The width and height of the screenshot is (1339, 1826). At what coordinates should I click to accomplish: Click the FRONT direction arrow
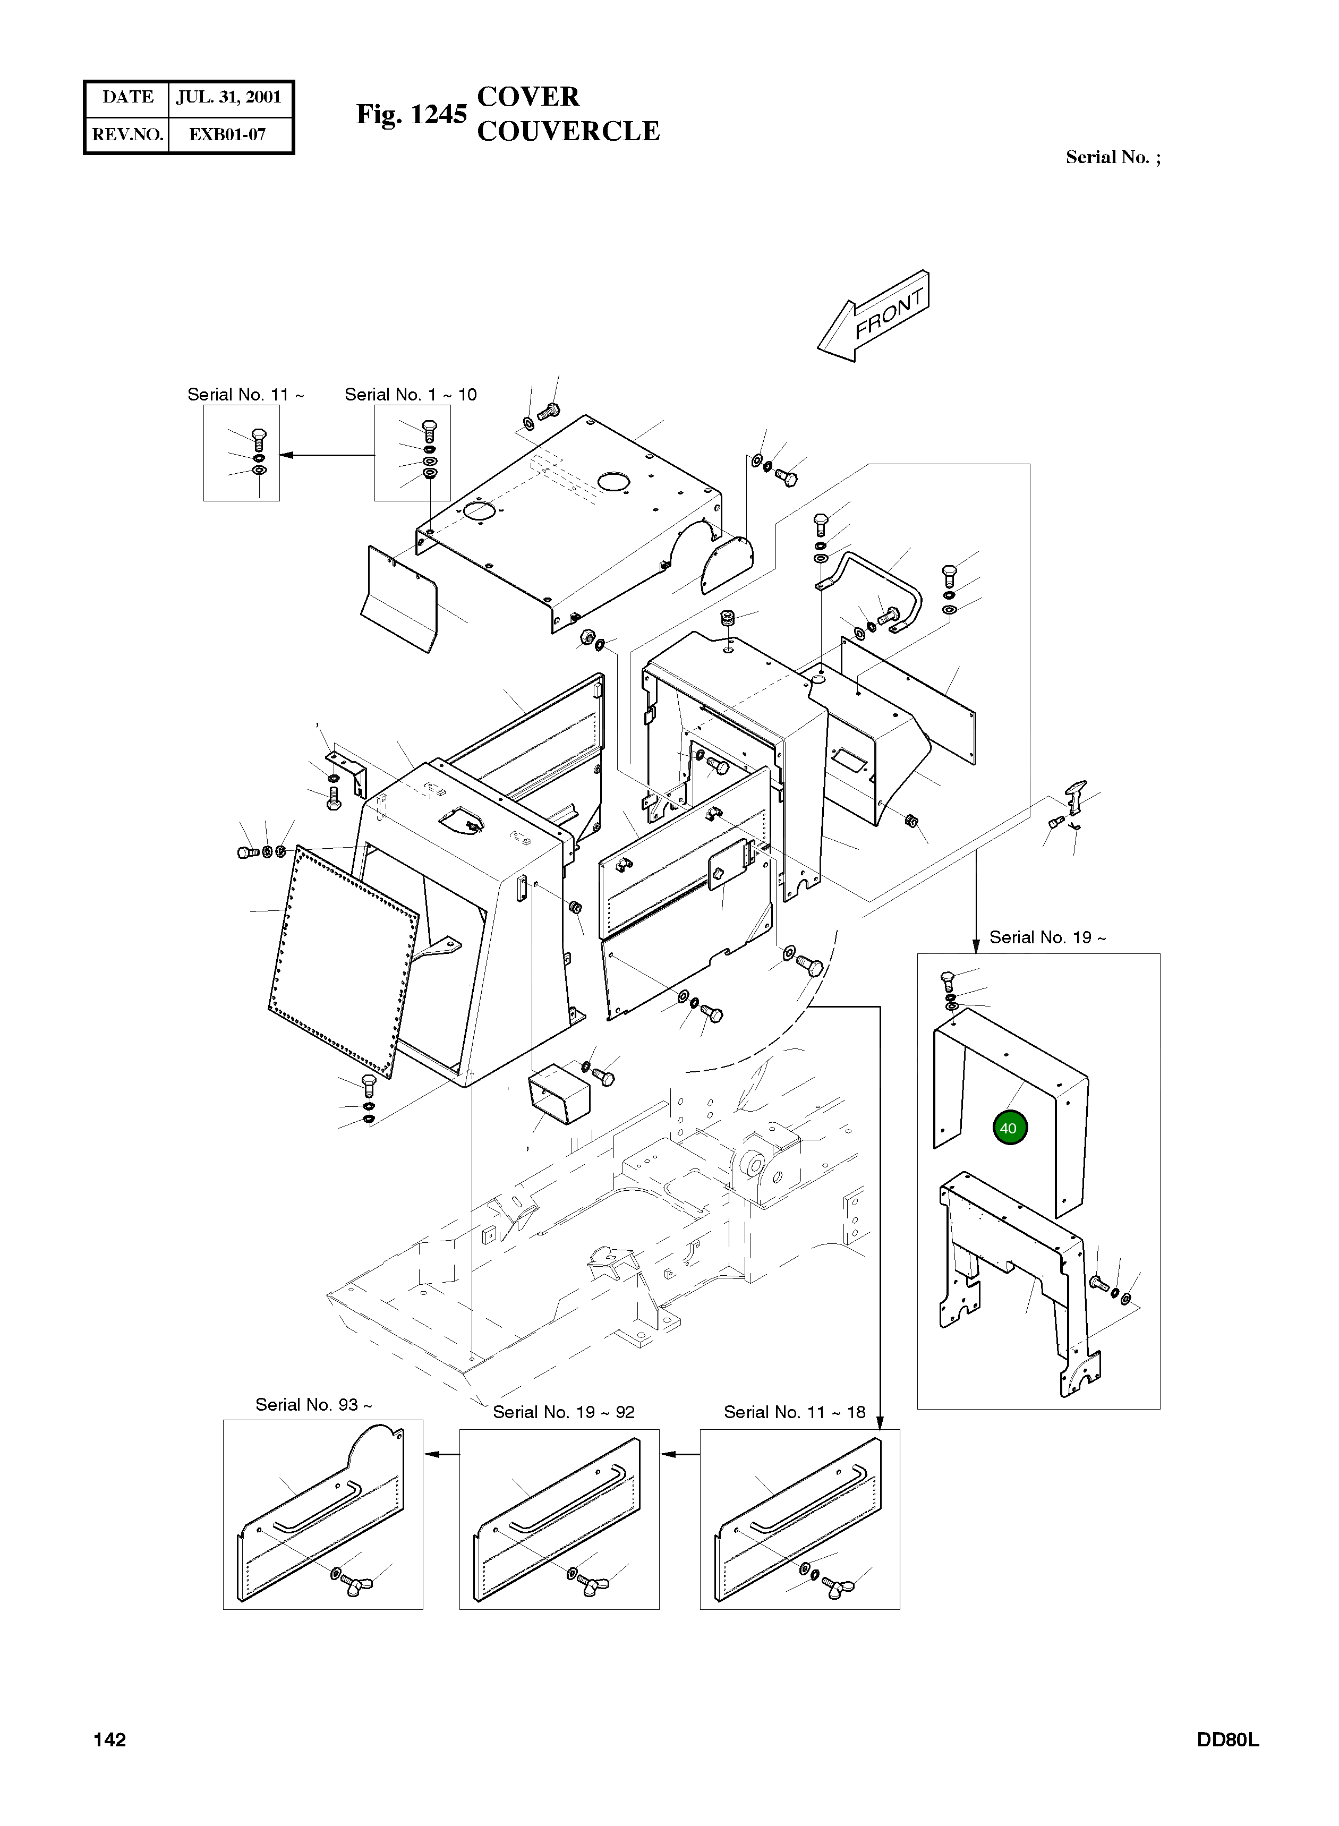(x=874, y=315)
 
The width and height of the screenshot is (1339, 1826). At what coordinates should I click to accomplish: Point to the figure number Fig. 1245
(x=412, y=114)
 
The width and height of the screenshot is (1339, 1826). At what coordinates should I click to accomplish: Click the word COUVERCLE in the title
(x=568, y=131)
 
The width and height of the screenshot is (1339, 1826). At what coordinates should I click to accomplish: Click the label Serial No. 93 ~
(x=314, y=1404)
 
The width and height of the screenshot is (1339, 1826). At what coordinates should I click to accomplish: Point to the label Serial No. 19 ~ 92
(x=564, y=1412)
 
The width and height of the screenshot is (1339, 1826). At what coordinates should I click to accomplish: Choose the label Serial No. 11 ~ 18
(x=795, y=1412)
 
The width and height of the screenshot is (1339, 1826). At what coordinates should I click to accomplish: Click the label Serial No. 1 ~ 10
(x=410, y=395)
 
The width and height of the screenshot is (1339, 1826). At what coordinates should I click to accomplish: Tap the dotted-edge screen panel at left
(x=344, y=961)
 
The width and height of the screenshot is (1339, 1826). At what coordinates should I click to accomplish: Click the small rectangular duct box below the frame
(x=559, y=1095)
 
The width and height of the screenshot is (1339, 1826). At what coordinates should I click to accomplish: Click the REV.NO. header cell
(x=127, y=134)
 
